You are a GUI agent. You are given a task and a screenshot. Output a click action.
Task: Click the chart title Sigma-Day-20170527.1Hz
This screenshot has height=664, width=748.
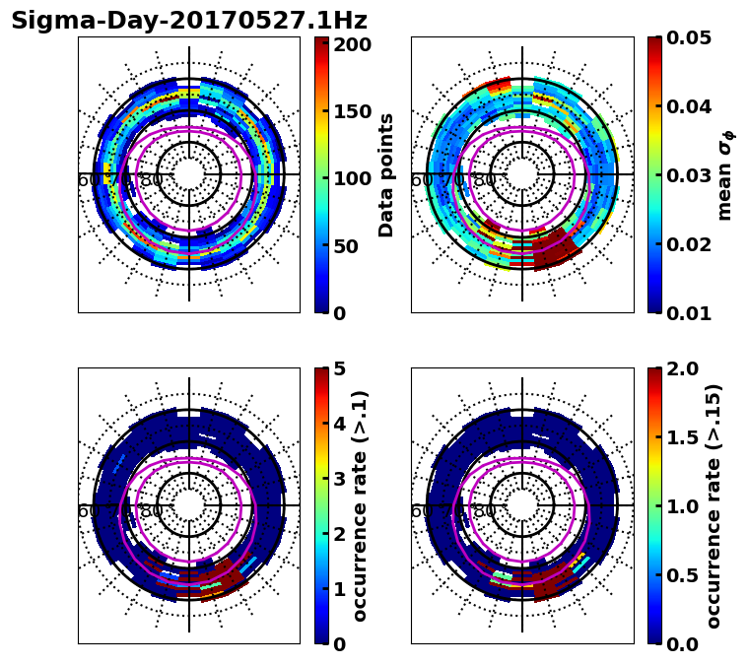189,21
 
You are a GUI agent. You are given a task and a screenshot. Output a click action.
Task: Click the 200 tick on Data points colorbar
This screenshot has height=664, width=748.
352,44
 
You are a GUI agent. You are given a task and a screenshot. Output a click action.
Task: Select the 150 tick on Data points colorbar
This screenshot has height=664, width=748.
352,111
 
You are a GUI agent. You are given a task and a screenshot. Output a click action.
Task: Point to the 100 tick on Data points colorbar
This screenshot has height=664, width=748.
352,178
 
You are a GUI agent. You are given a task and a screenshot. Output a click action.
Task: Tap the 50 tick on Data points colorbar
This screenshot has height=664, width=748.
352,245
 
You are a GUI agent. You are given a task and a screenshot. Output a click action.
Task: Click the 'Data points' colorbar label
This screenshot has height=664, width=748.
386,174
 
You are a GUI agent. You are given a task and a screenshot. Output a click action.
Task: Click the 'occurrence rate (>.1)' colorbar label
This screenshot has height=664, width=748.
360,505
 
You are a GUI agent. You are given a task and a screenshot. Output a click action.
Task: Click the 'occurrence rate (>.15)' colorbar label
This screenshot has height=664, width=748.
714,505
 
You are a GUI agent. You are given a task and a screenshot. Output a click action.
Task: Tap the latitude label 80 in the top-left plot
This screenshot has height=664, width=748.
152,180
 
